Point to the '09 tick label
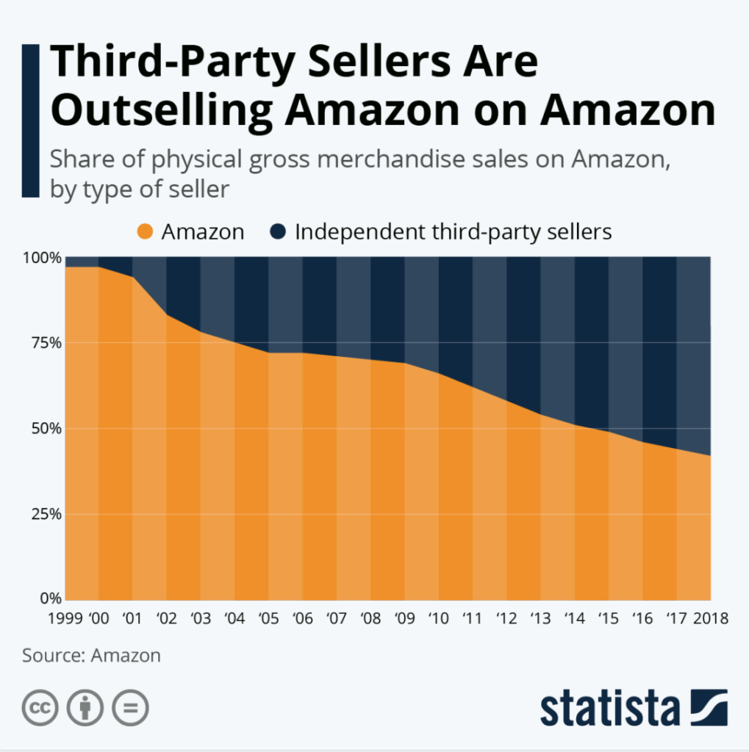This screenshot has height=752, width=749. (x=404, y=618)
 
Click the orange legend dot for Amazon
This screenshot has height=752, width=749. (x=145, y=233)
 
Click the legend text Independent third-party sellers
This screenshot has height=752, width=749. (x=453, y=233)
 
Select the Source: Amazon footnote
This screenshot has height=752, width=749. (x=91, y=655)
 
